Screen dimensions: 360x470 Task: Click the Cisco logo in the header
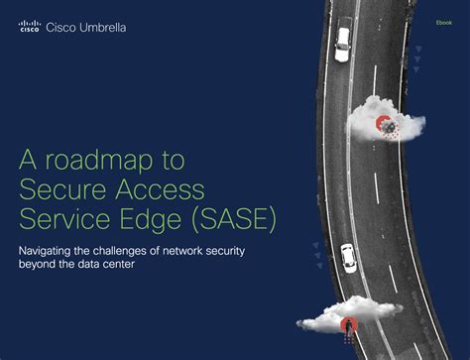(x=30, y=27)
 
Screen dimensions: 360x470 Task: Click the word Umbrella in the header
(x=102, y=27)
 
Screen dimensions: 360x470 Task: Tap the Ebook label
(x=443, y=21)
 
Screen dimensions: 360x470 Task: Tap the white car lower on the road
(x=348, y=258)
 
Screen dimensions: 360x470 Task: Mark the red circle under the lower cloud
(x=347, y=324)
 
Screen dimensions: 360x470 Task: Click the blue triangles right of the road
(x=417, y=60)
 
